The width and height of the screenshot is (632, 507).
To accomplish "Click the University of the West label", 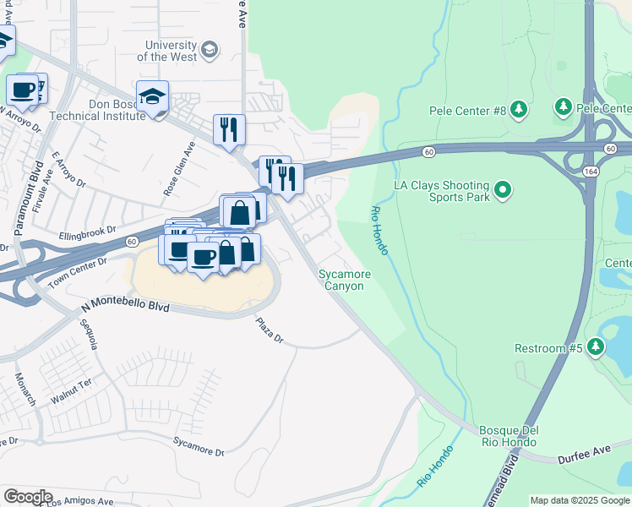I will (171, 51).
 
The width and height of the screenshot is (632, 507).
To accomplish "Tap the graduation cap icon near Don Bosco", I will (152, 98).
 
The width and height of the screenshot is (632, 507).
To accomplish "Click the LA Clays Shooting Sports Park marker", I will (503, 190).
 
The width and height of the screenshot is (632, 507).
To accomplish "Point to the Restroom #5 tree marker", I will (596, 347).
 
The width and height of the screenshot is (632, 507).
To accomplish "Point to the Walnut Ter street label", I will (70, 389).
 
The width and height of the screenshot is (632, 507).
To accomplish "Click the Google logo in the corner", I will (27, 497).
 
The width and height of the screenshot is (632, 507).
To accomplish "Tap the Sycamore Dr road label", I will (199, 446).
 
